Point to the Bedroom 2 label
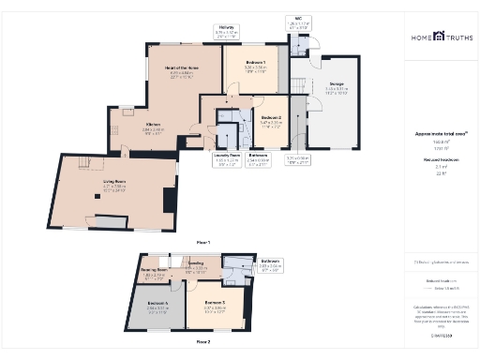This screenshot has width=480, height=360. click(271, 119)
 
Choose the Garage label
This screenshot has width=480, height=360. click(337, 85)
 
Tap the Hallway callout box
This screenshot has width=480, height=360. click(227, 32)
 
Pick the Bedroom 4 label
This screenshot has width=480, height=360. click(158, 305)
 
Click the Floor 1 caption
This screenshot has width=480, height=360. click(203, 243)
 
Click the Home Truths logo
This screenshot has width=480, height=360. click(438, 37)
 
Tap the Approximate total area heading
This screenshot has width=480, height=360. click(438, 134)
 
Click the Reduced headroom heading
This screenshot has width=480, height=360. click(438, 161)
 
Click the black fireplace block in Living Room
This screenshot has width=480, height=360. click(168, 200)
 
